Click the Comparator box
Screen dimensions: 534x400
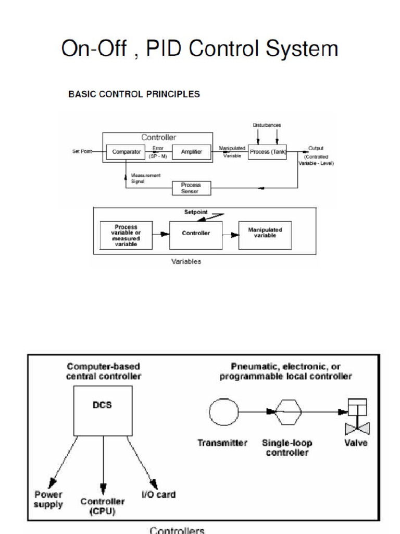[x=127, y=152]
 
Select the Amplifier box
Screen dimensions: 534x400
[x=191, y=152]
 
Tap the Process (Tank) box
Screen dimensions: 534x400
[x=267, y=152]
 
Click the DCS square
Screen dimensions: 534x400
[x=103, y=411]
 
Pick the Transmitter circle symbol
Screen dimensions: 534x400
[x=224, y=412]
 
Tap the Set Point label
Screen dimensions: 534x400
[x=82, y=152]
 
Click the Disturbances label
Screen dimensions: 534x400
[x=267, y=125]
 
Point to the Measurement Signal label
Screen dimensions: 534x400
[x=145, y=178]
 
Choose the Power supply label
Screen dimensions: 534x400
[x=48, y=499]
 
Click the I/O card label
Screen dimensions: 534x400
[x=159, y=494]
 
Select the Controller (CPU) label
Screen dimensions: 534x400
[x=103, y=506]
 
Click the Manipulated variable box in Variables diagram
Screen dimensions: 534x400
[x=265, y=233]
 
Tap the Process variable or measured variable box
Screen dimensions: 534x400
[x=126, y=235]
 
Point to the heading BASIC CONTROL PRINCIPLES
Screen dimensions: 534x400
[x=134, y=94]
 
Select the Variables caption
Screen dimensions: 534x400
[x=186, y=261]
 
